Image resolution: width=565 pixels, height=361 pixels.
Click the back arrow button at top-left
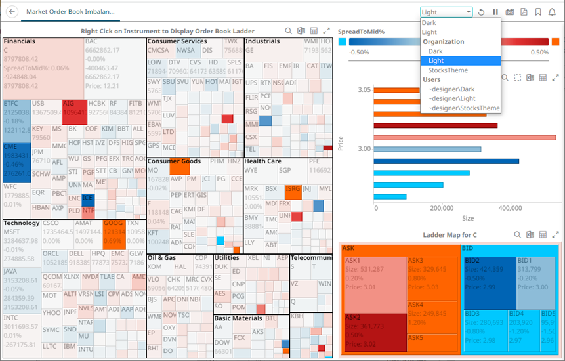click(12, 12)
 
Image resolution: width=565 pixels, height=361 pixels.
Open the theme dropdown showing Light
click(446, 12)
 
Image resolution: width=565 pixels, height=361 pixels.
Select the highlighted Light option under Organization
click(436, 60)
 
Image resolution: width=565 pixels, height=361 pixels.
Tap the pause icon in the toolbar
click(495, 12)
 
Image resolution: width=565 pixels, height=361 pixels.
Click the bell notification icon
click(552, 12)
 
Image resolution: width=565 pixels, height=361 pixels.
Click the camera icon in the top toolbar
click(509, 12)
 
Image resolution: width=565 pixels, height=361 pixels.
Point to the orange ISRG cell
click(293, 192)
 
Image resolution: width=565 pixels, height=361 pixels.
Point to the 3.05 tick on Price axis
click(364, 89)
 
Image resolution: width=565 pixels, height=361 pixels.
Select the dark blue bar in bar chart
click(446, 161)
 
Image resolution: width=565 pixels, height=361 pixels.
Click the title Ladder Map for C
click(450, 235)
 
